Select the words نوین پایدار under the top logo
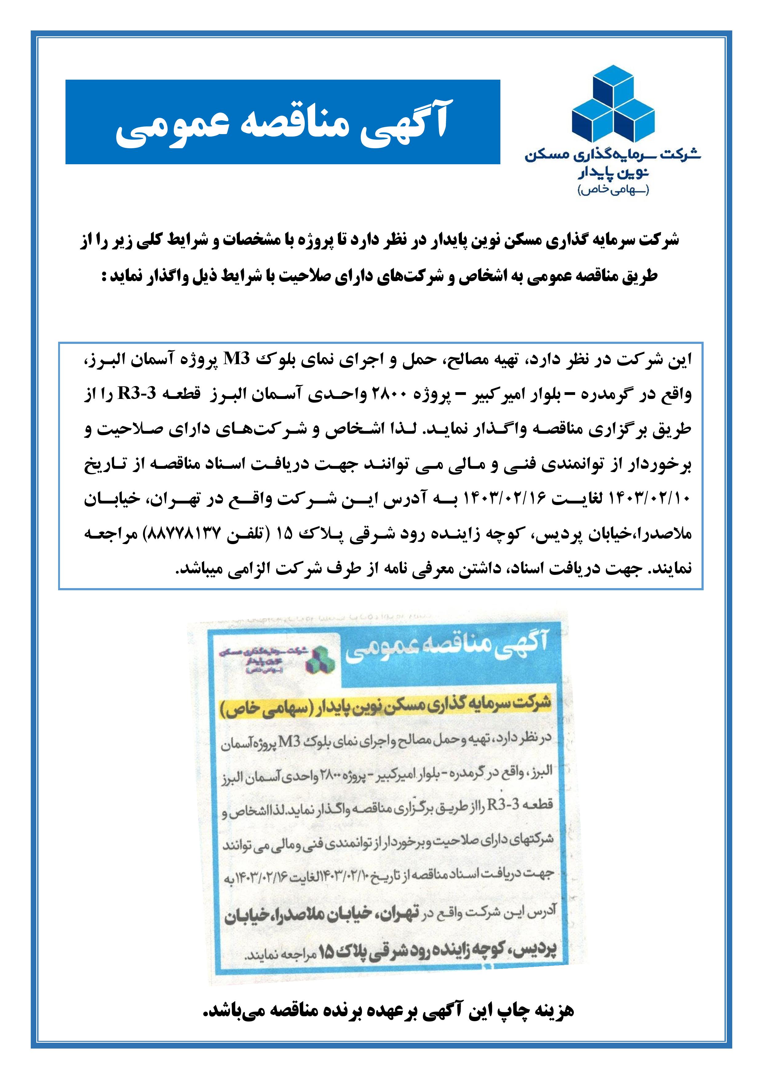[613, 173]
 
